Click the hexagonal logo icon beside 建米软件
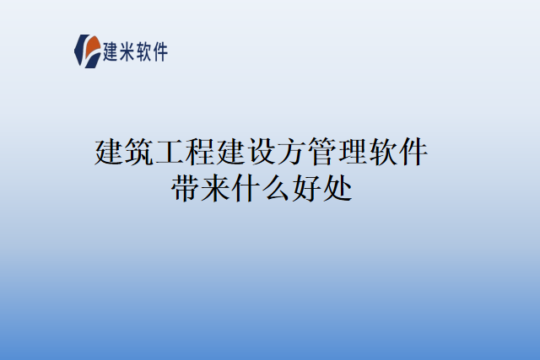(x=88, y=51)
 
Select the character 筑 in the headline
(x=141, y=153)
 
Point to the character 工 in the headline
(x=171, y=153)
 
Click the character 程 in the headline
(x=202, y=153)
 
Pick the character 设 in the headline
(x=262, y=153)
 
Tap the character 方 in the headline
(x=293, y=153)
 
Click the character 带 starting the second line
(x=186, y=187)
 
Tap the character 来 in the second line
(x=216, y=187)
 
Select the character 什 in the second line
(x=246, y=187)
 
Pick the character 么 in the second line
(x=277, y=187)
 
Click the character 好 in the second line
(x=307, y=187)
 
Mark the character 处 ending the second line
(x=337, y=187)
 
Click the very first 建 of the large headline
(x=111, y=153)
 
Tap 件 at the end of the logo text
(x=160, y=51)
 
